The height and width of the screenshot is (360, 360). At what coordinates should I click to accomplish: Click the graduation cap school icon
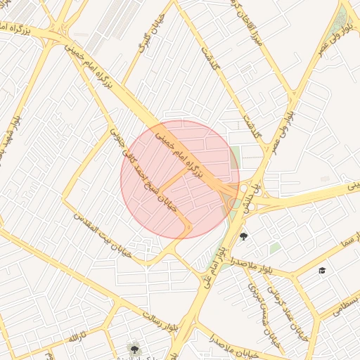tap(322, 270)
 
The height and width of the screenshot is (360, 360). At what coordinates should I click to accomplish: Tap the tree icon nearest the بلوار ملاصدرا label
tap(243, 236)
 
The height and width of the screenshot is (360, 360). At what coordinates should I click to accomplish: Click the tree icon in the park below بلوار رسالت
tap(134, 347)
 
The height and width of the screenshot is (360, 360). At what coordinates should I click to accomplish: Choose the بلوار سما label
tap(330, 252)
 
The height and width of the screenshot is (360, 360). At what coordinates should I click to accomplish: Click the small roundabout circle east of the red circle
tap(243, 188)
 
